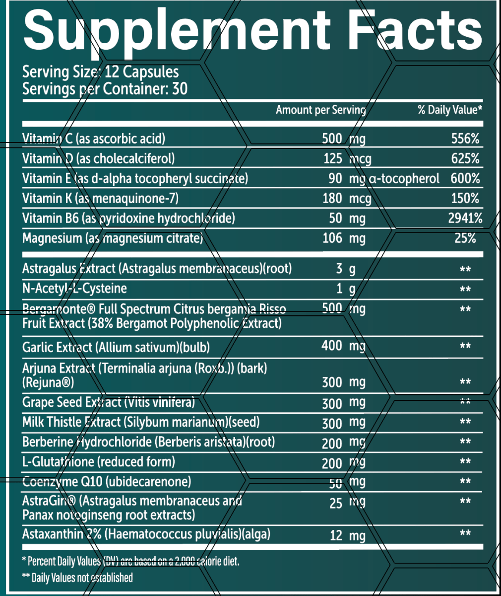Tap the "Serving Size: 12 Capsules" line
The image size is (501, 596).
(x=101, y=72)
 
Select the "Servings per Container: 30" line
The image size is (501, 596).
(x=105, y=89)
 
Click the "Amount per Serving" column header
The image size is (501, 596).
(x=320, y=110)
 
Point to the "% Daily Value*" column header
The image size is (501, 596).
(x=449, y=110)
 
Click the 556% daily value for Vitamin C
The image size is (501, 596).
(x=465, y=139)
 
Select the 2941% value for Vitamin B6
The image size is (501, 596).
(x=465, y=218)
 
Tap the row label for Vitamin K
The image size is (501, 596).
(x=100, y=199)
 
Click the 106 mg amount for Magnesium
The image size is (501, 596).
(x=344, y=238)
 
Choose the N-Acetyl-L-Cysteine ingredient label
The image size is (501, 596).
(x=74, y=289)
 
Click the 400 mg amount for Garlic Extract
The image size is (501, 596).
(x=343, y=346)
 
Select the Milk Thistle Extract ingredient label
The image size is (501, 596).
(x=141, y=423)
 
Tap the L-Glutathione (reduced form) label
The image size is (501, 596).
(x=99, y=462)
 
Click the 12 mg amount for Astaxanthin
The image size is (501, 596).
(x=347, y=535)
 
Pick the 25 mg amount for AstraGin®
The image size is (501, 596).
(x=347, y=503)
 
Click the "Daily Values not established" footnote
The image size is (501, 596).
(x=77, y=578)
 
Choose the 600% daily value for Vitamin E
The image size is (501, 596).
(x=465, y=178)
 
